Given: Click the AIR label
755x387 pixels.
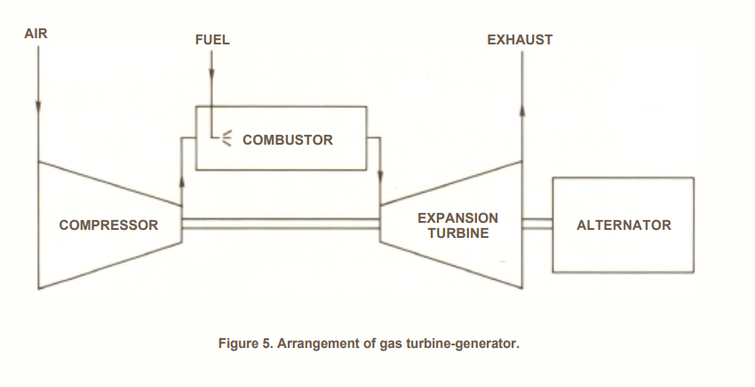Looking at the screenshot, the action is (36, 34).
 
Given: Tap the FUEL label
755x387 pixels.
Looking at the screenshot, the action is (212, 40).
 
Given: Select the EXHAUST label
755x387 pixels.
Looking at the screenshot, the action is (520, 40).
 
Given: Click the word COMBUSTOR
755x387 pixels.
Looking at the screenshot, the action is (288, 140).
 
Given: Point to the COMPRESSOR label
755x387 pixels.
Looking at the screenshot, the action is (108, 225).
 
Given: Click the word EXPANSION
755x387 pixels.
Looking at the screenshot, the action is (457, 218).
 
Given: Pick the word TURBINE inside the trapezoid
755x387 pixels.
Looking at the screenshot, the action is (458, 233).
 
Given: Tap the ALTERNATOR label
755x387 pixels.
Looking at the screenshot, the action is (624, 225).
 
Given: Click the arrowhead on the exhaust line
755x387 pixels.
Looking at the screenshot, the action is (522, 110).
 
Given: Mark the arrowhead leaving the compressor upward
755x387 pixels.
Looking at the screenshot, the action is (182, 180).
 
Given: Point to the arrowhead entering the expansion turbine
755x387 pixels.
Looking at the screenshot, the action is (380, 175).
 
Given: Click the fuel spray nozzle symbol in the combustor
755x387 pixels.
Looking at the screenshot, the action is (226, 138).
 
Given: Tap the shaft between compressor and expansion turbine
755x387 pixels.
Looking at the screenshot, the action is (282, 224).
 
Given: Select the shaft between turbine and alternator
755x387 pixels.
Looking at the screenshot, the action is (537, 224).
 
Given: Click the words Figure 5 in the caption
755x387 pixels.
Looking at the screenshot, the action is (246, 344).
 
